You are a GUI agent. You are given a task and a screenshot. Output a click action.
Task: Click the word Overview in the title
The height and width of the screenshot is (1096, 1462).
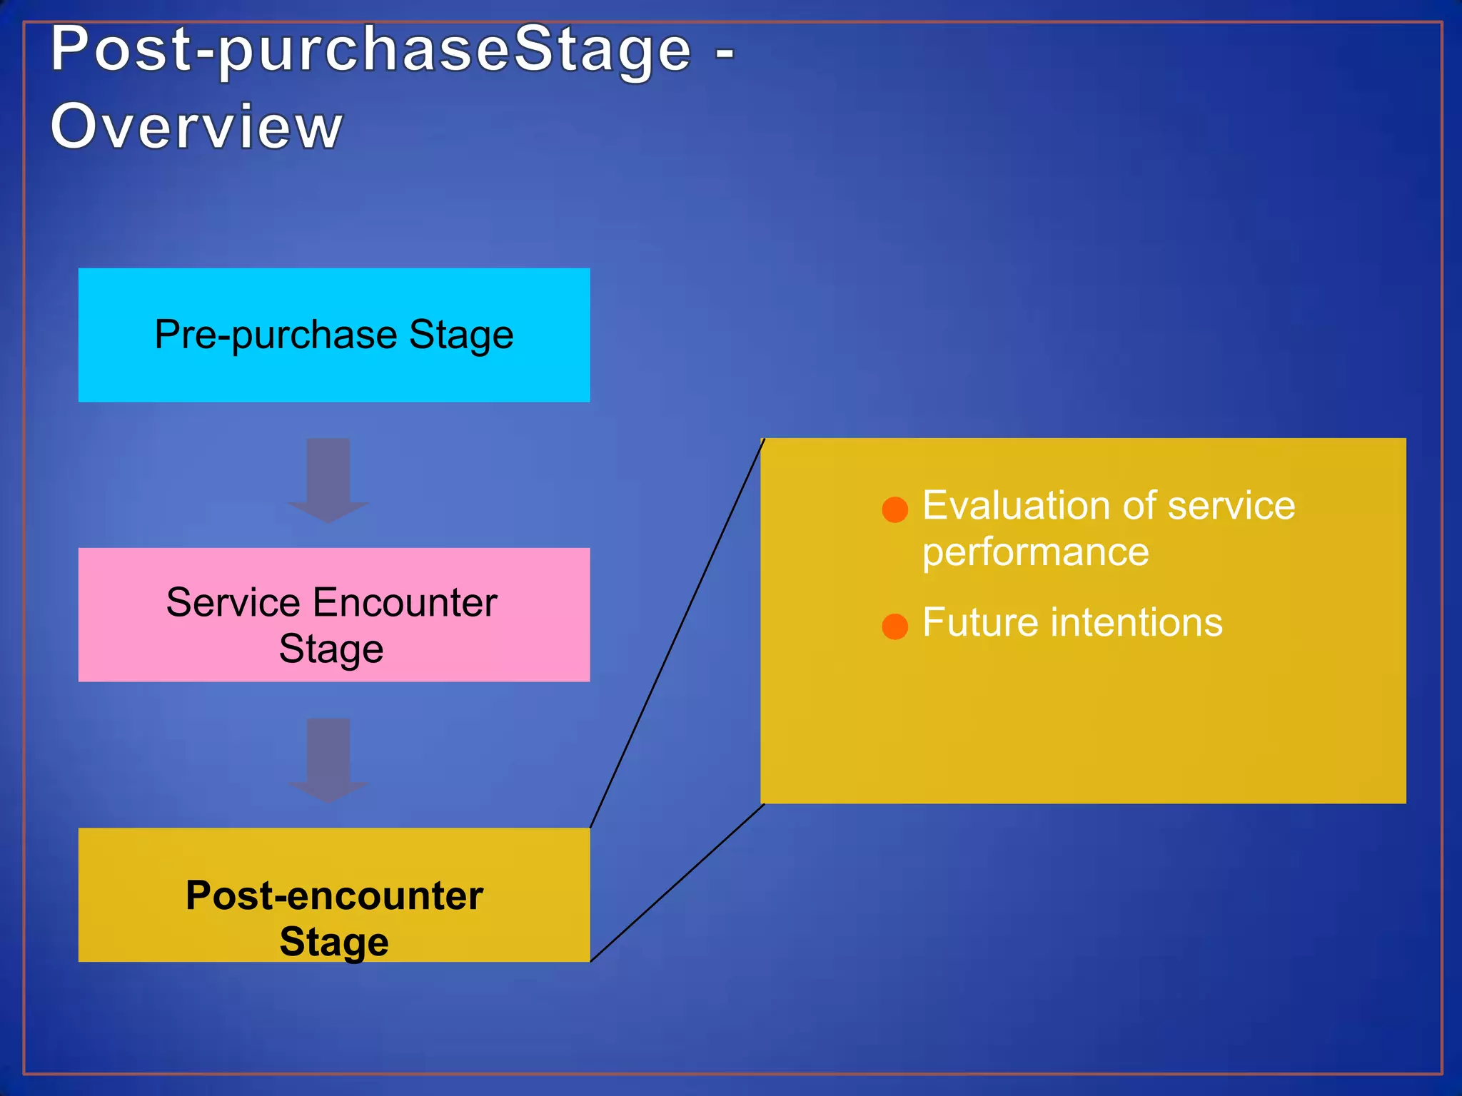(196, 126)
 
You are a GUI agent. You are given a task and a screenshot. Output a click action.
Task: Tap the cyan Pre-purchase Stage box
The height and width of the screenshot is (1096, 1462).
(333, 335)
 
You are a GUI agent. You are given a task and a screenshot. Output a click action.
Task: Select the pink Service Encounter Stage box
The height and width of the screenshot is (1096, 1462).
(333, 614)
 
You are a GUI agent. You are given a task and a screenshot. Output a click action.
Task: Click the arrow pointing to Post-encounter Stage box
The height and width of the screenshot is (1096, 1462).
(328, 759)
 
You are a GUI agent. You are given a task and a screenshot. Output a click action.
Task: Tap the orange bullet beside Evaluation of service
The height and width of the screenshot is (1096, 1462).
(894, 509)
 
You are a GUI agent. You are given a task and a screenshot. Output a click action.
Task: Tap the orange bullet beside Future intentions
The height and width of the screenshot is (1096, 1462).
(894, 626)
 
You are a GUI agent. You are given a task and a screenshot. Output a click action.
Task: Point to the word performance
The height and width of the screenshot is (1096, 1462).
(1035, 553)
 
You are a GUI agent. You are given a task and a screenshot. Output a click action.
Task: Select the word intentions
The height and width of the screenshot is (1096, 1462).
(1137, 622)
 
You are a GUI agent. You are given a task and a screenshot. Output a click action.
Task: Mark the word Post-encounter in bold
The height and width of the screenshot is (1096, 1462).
(334, 895)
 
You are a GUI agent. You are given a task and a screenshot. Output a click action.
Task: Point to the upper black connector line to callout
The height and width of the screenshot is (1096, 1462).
(677, 634)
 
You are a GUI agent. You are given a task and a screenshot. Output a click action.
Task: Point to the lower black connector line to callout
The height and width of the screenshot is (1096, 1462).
(677, 883)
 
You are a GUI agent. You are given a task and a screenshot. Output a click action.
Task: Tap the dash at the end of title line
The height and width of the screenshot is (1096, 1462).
(725, 52)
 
